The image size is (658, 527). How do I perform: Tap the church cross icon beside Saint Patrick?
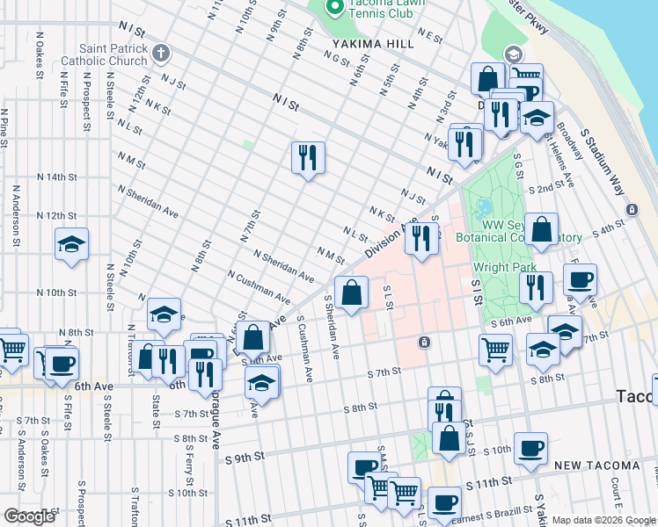(160, 54)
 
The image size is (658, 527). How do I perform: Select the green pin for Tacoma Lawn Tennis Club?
(334, 8)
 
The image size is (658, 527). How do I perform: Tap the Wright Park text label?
(499, 267)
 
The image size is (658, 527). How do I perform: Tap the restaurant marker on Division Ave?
(422, 238)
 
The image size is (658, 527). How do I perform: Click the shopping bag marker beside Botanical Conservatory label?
(542, 230)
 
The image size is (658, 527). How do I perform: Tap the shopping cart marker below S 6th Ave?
(496, 349)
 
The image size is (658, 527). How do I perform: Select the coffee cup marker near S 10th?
(530, 448)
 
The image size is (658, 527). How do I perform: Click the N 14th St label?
(58, 177)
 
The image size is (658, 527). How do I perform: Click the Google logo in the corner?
(30, 516)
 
